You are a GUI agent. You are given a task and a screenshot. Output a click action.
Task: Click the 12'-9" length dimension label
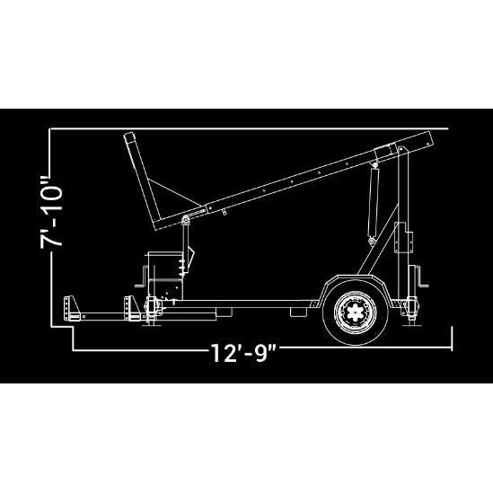click(243, 353)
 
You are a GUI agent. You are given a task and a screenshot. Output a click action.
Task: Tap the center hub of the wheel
click(355, 313)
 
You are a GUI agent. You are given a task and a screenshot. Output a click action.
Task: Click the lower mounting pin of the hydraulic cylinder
click(372, 241)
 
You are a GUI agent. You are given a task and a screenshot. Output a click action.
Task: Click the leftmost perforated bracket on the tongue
click(71, 308)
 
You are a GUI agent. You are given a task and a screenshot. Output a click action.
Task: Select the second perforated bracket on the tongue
click(132, 308)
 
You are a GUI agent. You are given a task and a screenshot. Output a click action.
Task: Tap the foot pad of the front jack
click(152, 325)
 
